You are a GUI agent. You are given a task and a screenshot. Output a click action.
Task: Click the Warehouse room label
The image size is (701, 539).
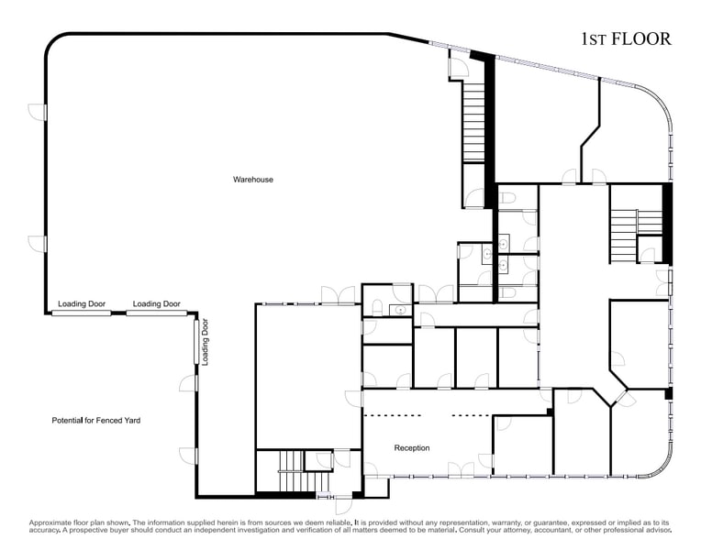pyautogui.click(x=252, y=180)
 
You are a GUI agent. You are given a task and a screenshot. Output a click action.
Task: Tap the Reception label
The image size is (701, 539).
pyautogui.click(x=412, y=448)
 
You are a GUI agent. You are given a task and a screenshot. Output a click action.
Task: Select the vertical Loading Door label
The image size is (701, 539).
pyautogui.click(x=205, y=342)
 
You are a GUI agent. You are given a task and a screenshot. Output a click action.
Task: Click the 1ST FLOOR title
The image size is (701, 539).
pyautogui.click(x=626, y=39)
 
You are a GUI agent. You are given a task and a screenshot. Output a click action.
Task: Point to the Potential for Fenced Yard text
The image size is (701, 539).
pyautogui.click(x=96, y=420)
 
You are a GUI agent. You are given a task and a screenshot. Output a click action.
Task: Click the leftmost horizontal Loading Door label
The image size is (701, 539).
pyautogui.click(x=82, y=303)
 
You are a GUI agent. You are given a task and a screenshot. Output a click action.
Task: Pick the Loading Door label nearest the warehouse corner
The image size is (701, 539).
pyautogui.click(x=157, y=303)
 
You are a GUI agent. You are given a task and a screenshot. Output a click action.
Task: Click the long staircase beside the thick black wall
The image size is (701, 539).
pyautogui.click(x=473, y=122)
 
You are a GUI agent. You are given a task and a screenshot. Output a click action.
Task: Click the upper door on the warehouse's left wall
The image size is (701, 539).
pyautogui.click(x=37, y=112)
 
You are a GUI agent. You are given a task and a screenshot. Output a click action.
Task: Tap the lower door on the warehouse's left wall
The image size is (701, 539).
pyautogui.click(x=37, y=244)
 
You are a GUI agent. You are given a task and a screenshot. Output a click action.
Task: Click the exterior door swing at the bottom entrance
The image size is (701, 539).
pyautogui.click(x=343, y=506)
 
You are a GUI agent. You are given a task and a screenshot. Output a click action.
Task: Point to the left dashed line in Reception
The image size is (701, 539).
pyautogui.click(x=392, y=416)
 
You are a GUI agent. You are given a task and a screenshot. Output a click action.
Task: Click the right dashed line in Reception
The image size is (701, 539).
pyautogui.click(x=472, y=416)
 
